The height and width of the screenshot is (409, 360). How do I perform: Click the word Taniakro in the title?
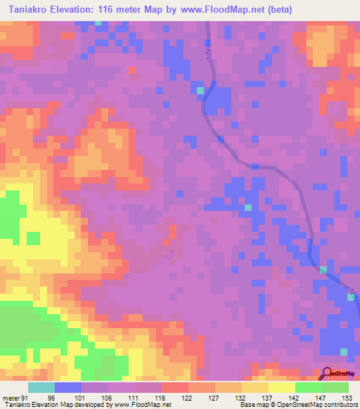coord(34,10)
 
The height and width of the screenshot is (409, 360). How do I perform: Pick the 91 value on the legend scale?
coord(24,397)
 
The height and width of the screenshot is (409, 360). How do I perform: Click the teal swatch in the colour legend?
coord(41,387)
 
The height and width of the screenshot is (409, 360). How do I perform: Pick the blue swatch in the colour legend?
coord(68,387)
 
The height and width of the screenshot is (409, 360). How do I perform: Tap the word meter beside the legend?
coord(10,397)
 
